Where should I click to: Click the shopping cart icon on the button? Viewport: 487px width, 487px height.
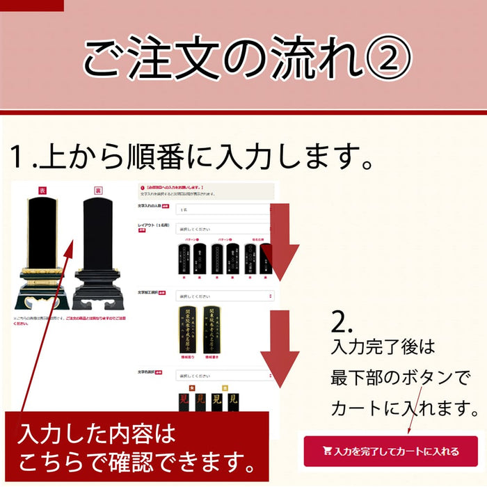tap(327, 452)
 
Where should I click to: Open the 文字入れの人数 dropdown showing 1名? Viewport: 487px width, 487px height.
tap(223, 209)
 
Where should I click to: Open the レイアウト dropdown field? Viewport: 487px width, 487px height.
tap(223, 228)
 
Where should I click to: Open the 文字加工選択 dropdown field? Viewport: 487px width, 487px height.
tap(223, 296)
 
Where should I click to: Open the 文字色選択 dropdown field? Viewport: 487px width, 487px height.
tap(223, 376)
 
